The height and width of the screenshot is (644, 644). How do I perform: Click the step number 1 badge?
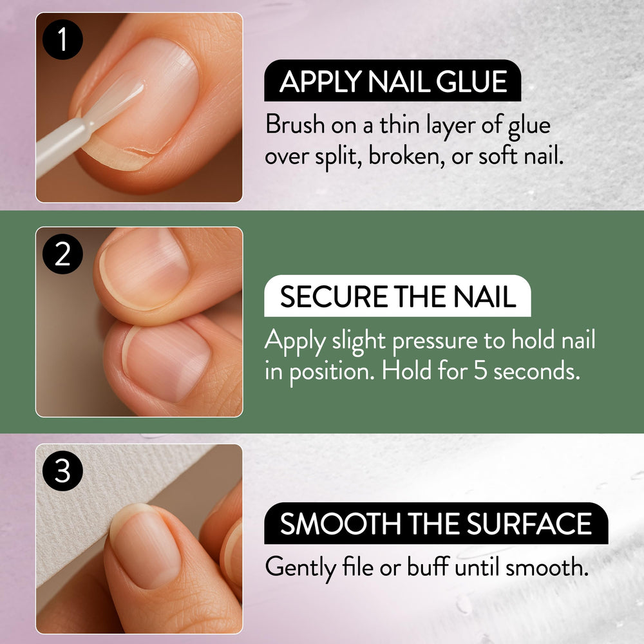(62, 40)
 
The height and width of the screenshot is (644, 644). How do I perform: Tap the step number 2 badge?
(62, 254)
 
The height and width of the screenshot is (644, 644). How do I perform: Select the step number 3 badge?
(62, 471)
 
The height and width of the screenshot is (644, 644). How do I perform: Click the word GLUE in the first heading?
(471, 81)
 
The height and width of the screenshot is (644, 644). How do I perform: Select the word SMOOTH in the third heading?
(341, 524)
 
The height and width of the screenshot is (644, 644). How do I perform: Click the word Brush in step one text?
(295, 124)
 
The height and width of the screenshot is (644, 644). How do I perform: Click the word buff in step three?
(428, 566)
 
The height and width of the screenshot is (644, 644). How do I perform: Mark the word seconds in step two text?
(536, 371)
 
